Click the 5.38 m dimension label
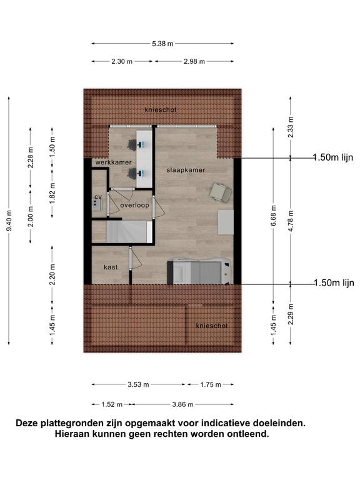pyautogui.click(x=162, y=44)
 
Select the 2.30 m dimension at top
pyautogui.click(x=122, y=61)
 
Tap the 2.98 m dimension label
pyautogui.click(x=194, y=61)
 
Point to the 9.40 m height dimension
pyautogui.click(x=9, y=221)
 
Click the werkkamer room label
pyautogui.click(x=113, y=162)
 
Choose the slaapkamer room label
pyautogui.click(x=186, y=170)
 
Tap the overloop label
pyautogui.click(x=135, y=206)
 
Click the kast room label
pyautogui.click(x=111, y=267)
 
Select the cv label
pyautogui.click(x=98, y=196)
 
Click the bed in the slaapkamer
pyautogui.click(x=199, y=271)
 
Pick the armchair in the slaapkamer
pyautogui.click(x=221, y=192)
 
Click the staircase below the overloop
pyautogui.click(x=129, y=232)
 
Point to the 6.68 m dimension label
pyautogui.click(x=274, y=216)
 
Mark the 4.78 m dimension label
pyautogui.click(x=291, y=221)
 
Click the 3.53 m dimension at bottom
pyautogui.click(x=138, y=384)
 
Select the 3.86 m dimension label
pyautogui.click(x=182, y=405)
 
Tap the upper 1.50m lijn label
pyautogui.click(x=332, y=157)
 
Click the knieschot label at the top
pyautogui.click(x=161, y=109)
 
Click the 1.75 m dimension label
pyautogui.click(x=211, y=384)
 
